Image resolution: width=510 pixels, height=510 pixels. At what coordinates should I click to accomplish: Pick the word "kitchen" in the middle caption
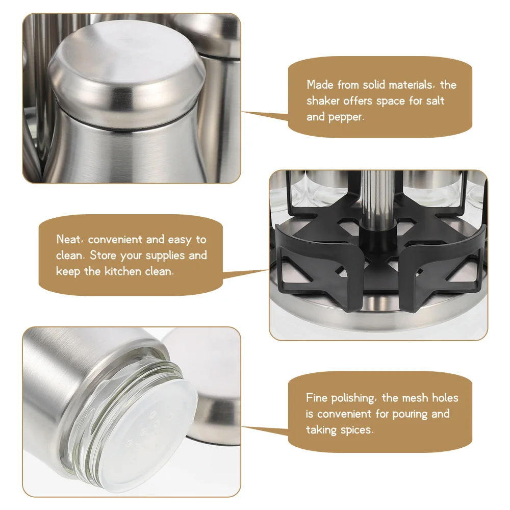pos(122,271)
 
